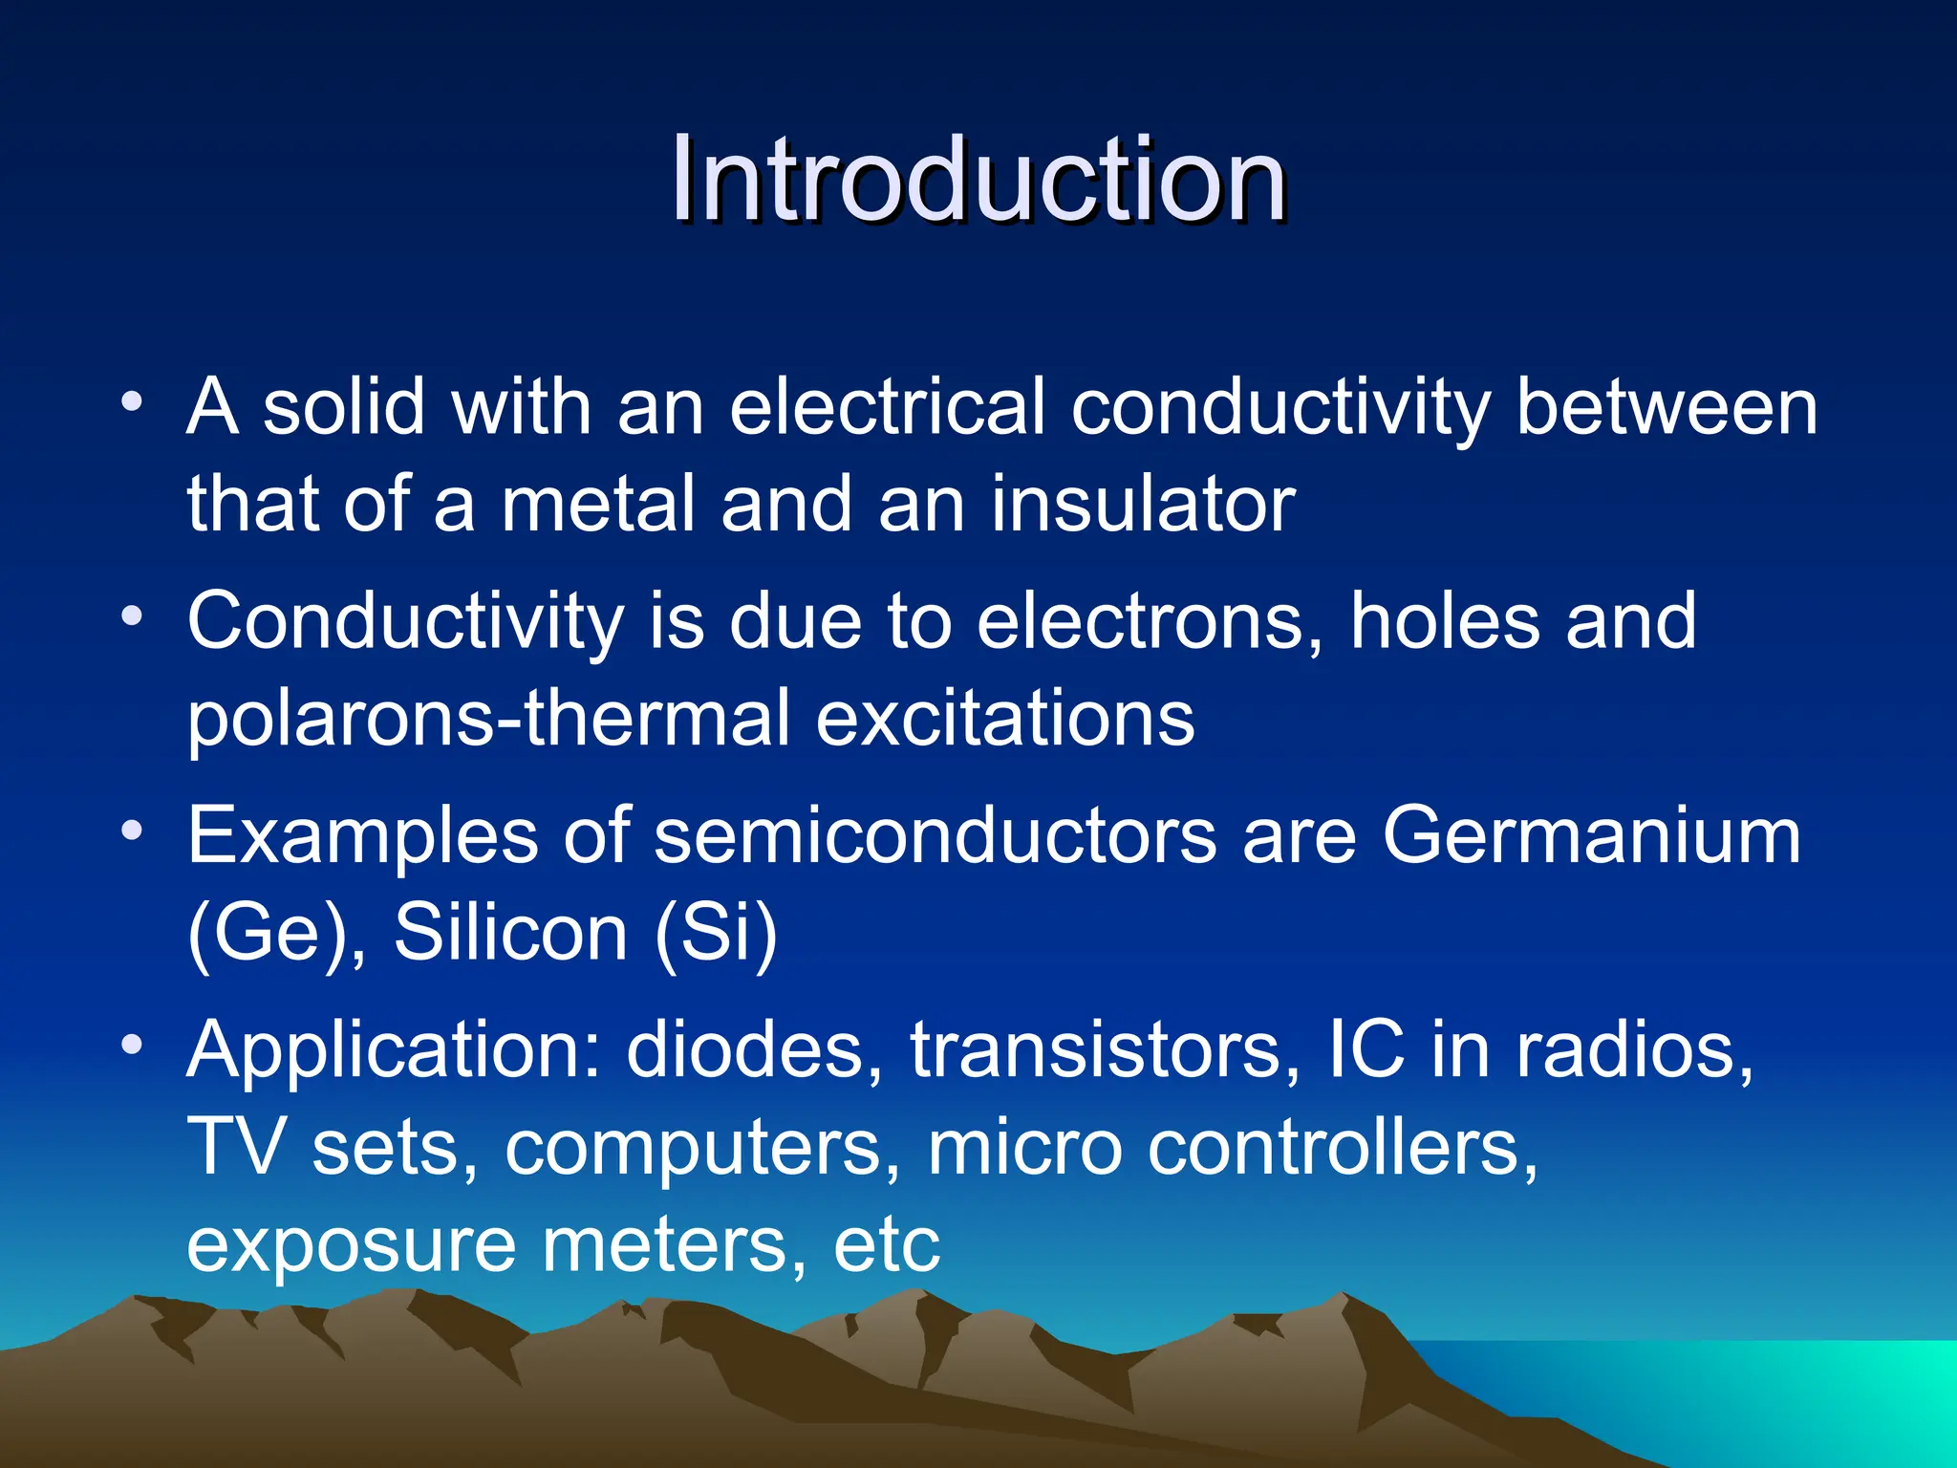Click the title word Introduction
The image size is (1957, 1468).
pyautogui.click(x=978, y=180)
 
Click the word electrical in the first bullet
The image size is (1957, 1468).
pyautogui.click(x=886, y=408)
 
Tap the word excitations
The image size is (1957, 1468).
pyautogui.click(x=1005, y=719)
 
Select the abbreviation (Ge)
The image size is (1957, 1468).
pyautogui.click(x=275, y=934)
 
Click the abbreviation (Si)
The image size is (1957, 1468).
pyautogui.click(x=716, y=934)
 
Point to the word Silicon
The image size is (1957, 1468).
pyautogui.click(x=510, y=934)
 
